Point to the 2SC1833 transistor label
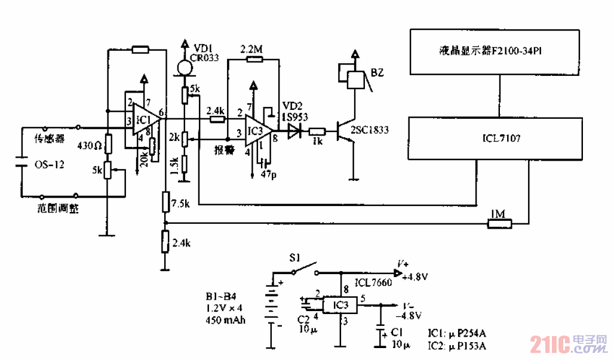coord(369,130)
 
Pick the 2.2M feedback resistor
coord(250,60)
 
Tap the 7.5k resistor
coord(164,202)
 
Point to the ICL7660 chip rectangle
coord(340,306)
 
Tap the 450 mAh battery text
coord(225,320)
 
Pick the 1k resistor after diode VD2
coord(317,131)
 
